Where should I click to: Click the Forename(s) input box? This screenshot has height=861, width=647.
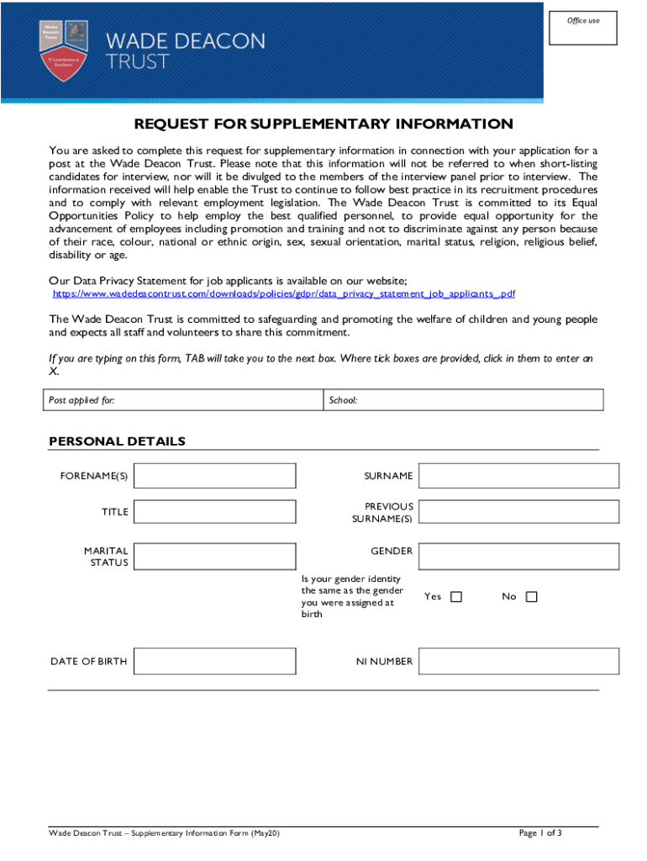[x=215, y=476]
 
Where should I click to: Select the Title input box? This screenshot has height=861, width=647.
[x=215, y=511]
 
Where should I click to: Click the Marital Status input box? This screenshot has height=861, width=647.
[x=215, y=557]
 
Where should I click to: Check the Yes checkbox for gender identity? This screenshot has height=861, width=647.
[x=456, y=597]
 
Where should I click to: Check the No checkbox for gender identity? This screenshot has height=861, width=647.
[x=531, y=597]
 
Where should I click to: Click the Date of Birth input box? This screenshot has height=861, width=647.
[x=215, y=661]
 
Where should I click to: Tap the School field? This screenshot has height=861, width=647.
[x=463, y=400]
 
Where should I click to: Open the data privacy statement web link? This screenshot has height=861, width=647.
[x=284, y=294]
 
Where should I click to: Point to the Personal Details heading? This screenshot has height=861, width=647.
[x=117, y=441]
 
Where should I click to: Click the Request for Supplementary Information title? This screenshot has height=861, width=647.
[x=323, y=124]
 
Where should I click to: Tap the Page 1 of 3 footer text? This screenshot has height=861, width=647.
[x=540, y=833]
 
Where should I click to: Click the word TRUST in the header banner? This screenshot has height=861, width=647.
[x=137, y=61]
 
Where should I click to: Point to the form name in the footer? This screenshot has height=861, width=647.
[x=164, y=833]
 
